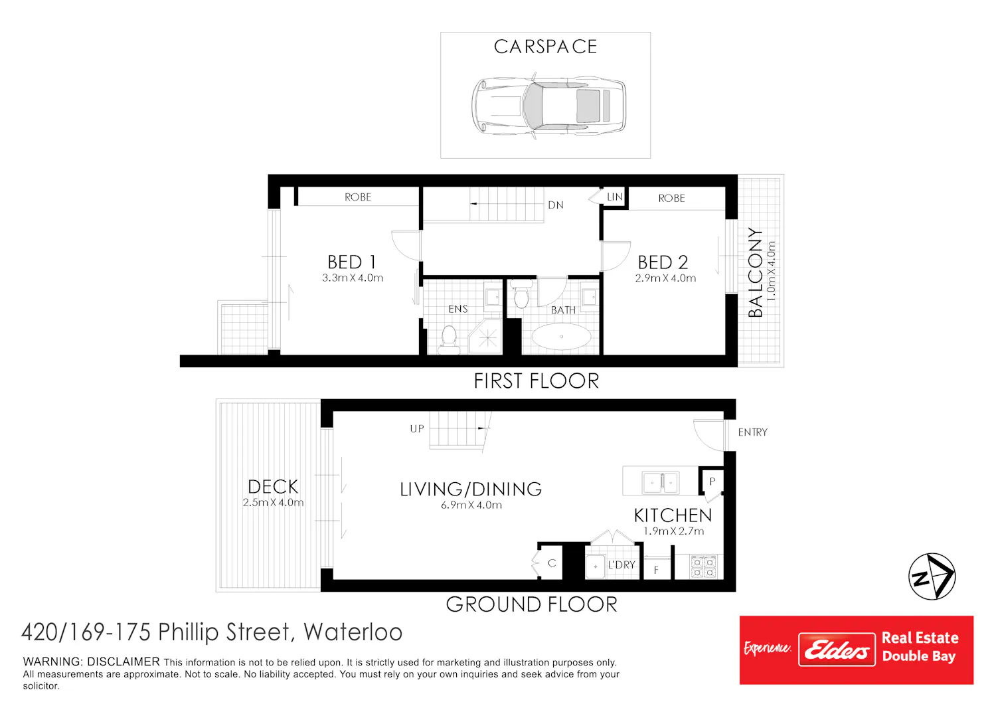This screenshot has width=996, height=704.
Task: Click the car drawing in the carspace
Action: click(548, 106)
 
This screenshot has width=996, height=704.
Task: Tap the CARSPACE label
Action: click(545, 46)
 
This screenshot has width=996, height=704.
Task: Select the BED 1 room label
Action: click(352, 262)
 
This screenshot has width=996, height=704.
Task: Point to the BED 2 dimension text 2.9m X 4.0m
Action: click(665, 278)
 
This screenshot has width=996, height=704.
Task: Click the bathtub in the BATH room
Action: click(562, 336)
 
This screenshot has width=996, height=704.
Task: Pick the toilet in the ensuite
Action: click(449, 340)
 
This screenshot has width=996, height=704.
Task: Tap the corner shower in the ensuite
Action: click(485, 337)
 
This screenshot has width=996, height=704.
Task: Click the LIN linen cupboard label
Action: click(614, 197)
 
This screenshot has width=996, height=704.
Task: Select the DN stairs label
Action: click(555, 205)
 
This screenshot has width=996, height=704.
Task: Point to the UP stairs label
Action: click(417, 429)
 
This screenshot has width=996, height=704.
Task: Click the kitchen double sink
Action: click(661, 483)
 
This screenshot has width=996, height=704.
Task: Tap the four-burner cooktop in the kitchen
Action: click(703, 567)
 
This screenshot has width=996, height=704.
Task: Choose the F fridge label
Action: click(656, 570)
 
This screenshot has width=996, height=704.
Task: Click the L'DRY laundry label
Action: click(621, 565)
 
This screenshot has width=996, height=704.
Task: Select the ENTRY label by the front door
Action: click(752, 432)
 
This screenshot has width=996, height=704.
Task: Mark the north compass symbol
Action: click(932, 576)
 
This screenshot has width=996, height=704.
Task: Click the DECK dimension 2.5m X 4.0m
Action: click(273, 503)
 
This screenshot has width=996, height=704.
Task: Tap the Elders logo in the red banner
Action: click(837, 650)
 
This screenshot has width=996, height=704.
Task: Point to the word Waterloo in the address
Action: click(353, 632)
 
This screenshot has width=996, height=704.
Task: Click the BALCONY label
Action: click(755, 272)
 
